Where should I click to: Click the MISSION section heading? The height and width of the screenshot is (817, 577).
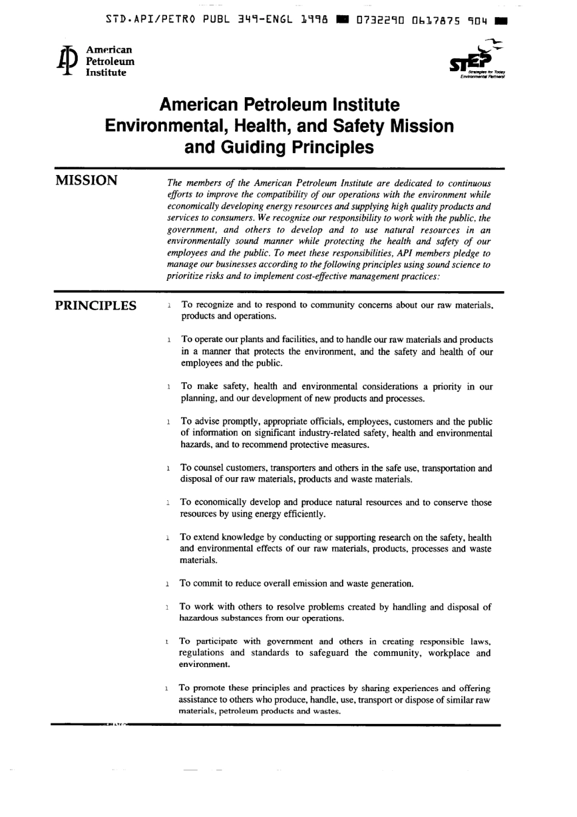tap(86, 181)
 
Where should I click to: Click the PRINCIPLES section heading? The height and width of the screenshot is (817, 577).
tap(96, 305)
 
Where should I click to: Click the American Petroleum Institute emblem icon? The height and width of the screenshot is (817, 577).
tap(65, 61)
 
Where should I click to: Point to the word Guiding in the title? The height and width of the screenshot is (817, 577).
tap(250, 147)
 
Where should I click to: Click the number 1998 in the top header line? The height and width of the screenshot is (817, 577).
tap(315, 20)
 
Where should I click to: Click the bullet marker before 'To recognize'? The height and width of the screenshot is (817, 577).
tap(168, 305)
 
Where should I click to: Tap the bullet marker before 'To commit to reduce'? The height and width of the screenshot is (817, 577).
tap(166, 584)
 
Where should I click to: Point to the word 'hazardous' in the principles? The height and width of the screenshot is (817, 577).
tap(198, 618)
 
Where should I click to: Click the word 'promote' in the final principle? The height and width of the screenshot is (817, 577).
tap(209, 688)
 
